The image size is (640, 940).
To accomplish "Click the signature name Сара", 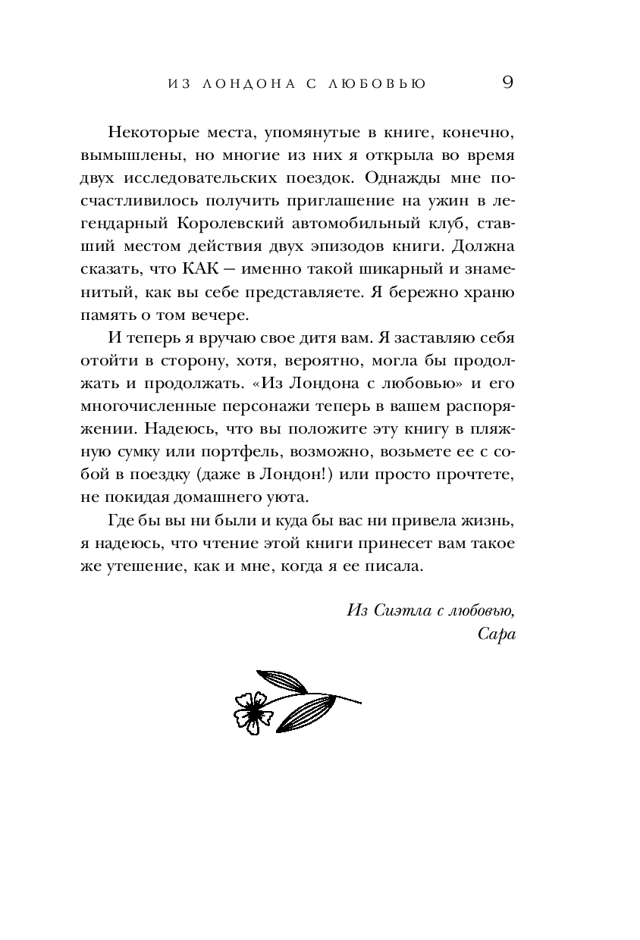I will [x=497, y=634].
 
